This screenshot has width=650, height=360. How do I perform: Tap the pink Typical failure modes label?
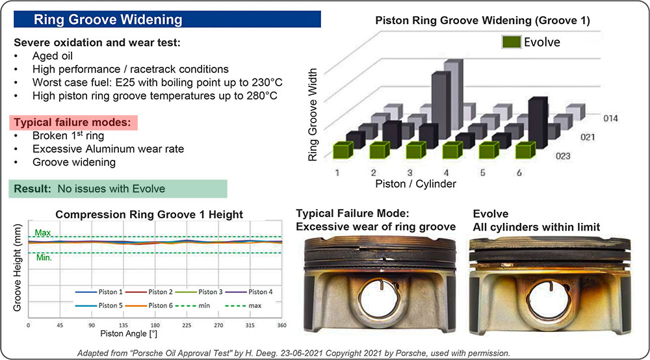(x=73, y=122)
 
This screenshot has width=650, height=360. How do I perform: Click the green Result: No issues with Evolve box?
(x=118, y=189)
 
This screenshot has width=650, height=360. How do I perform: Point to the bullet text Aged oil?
(x=51, y=56)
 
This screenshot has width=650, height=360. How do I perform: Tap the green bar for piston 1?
(x=344, y=151)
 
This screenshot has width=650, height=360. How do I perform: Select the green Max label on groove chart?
(x=43, y=233)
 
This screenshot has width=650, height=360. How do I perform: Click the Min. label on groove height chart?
(x=44, y=257)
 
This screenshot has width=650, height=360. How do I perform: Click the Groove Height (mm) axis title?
(x=17, y=267)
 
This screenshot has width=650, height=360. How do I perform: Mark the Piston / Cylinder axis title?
(x=416, y=184)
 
